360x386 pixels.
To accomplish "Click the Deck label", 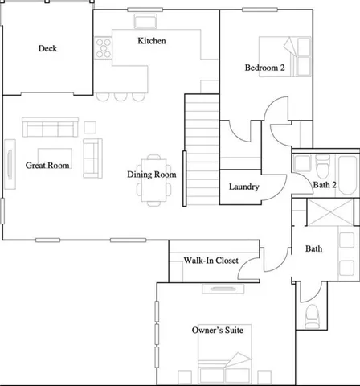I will point(47,48).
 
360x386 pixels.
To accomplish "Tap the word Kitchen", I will point(152,41).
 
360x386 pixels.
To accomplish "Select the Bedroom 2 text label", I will point(265,68).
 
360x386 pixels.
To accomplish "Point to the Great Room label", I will point(47,166).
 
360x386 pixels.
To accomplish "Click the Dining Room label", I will point(151,175).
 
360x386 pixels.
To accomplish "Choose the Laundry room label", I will point(243,187).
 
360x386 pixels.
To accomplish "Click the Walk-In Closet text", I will point(209,261).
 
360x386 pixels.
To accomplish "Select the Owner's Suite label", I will point(218,330).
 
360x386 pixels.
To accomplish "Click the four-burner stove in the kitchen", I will point(103,48).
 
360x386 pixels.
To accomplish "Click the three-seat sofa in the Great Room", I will point(50,128).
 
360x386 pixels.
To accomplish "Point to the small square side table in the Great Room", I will point(90,126).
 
